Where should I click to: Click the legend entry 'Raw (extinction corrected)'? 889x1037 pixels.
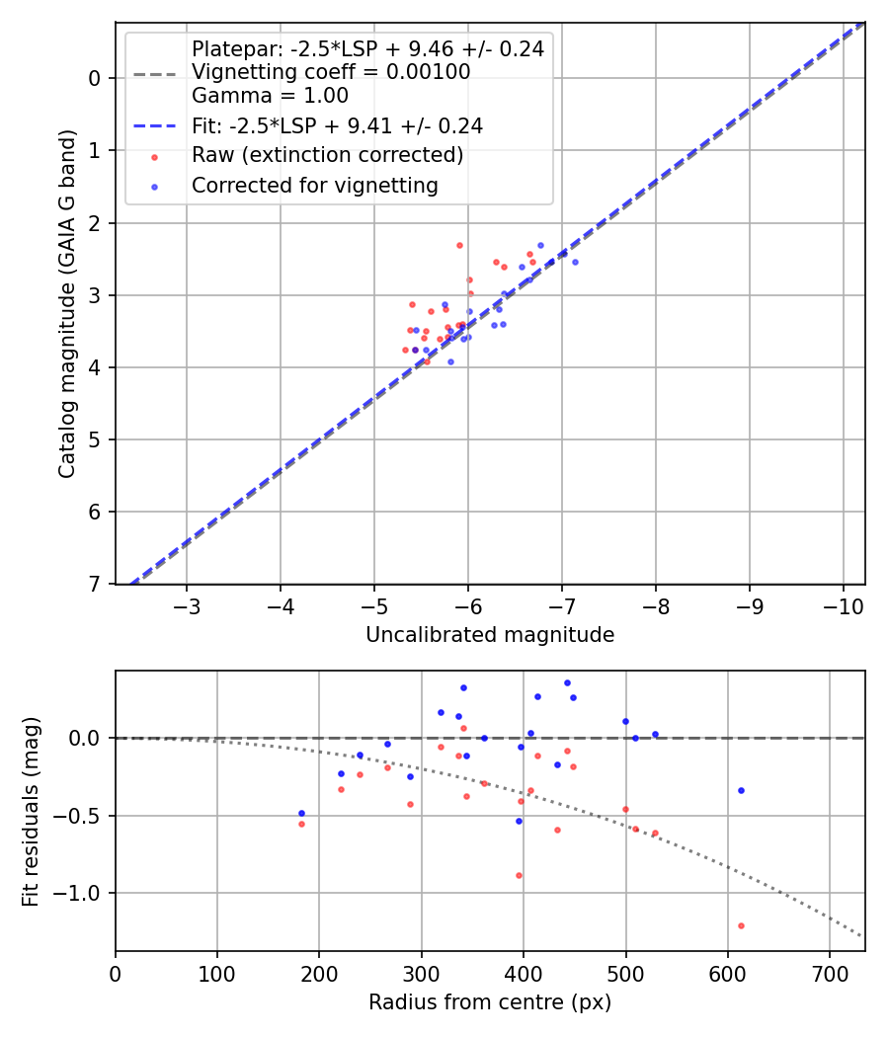(x=327, y=156)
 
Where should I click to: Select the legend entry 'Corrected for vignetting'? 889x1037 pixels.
(x=315, y=185)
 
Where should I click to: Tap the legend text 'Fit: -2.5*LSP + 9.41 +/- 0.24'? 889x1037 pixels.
(x=337, y=126)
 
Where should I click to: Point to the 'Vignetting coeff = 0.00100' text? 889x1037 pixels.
(x=331, y=72)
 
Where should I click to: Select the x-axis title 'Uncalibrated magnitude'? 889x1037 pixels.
(x=490, y=635)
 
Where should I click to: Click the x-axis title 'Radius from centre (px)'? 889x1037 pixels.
(x=490, y=1002)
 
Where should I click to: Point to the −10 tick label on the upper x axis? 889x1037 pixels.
(x=843, y=604)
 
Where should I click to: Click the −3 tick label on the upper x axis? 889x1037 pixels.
(x=187, y=604)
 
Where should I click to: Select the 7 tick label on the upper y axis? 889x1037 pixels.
(x=96, y=585)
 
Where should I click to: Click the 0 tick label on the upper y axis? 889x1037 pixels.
(x=96, y=78)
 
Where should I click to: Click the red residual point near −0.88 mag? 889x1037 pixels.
(x=519, y=875)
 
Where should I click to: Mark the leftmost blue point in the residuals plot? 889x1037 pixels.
(x=301, y=813)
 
